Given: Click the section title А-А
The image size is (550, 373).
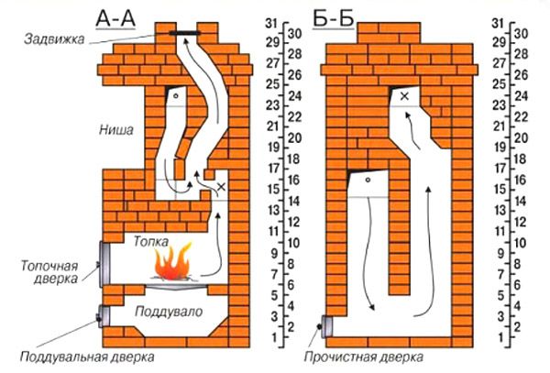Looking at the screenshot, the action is pos(115,19).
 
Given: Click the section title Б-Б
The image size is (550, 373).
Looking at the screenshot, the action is pos(333,18).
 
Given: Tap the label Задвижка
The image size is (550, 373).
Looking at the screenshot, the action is pos(54,38).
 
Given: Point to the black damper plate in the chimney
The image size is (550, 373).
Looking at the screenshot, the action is pos(185,33).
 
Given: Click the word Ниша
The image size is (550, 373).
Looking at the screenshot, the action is pos(116,130).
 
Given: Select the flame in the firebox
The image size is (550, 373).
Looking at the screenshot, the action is pos(173,261).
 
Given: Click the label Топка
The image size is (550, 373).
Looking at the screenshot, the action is pos(151,241).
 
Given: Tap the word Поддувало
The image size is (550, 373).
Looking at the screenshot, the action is pos(169,312).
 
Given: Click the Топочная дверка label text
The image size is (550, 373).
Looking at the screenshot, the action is pos(49,272).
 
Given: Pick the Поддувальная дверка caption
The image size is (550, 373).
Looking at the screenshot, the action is pos(87,357).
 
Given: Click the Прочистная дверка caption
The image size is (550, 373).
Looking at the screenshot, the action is pos(363,357).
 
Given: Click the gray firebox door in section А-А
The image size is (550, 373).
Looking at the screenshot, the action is pos(104,264).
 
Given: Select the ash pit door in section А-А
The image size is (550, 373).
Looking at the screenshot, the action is pos(104,316).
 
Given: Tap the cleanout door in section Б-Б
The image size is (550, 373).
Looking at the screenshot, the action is pos(327,326).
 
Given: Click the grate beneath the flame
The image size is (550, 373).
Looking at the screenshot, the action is pos(176,287).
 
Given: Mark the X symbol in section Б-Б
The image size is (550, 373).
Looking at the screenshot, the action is pos(404,95).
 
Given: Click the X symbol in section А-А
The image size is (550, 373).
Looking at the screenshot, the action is pos(221,187).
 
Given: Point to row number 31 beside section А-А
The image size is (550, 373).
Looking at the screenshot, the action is pos(271,24).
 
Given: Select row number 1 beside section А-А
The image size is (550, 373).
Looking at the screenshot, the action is pos(274,337).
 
